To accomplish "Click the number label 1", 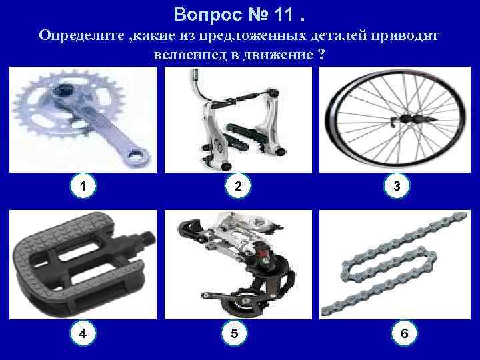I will pyautogui.click(x=83, y=187).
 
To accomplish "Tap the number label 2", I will pyautogui.click(x=239, y=187).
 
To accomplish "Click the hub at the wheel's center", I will pyautogui.click(x=404, y=121).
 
